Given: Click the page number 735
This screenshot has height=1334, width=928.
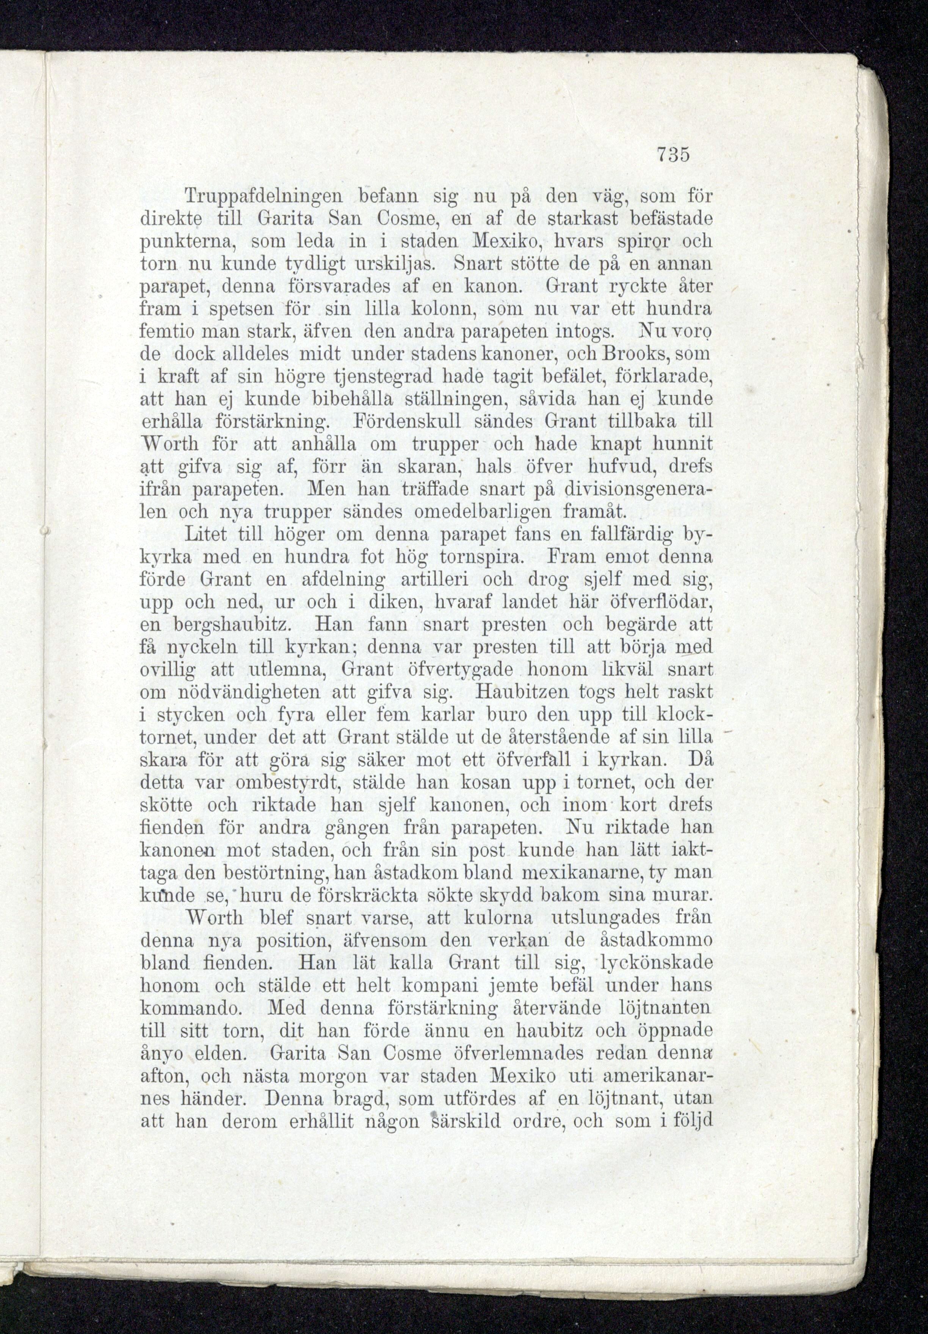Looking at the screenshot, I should click(x=673, y=156).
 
